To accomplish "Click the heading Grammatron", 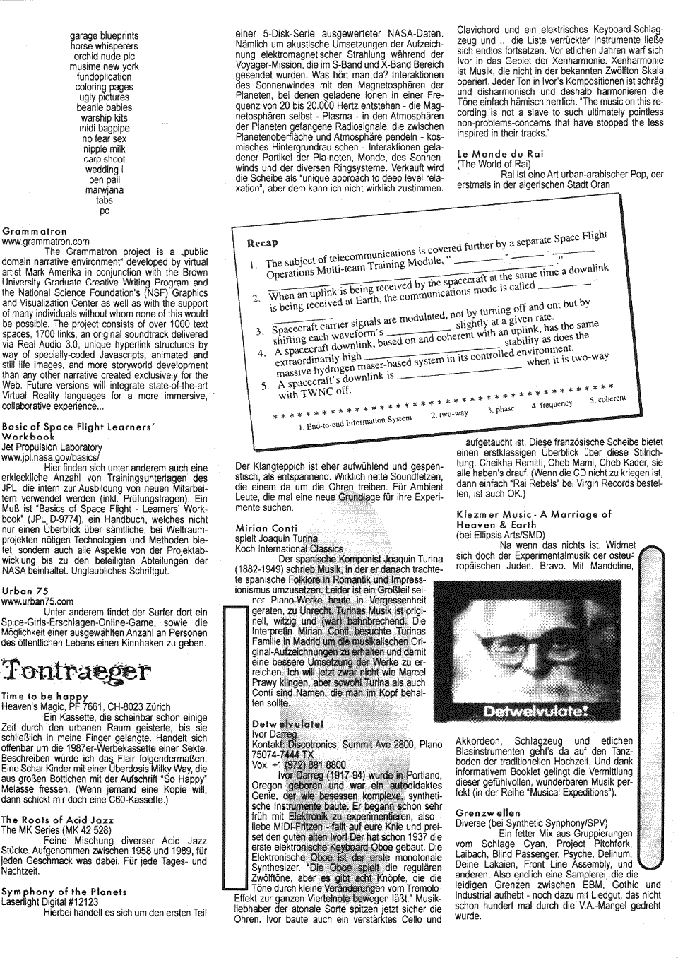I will [x=35, y=231].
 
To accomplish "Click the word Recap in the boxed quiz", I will [x=263, y=243].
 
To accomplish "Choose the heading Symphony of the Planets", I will [x=64, y=892].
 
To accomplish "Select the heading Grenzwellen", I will [x=487, y=812].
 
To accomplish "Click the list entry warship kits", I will [x=104, y=117].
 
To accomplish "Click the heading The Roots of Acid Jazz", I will [x=57, y=820].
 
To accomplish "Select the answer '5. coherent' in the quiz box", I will [x=607, y=400].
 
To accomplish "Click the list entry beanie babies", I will [x=104, y=107].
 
